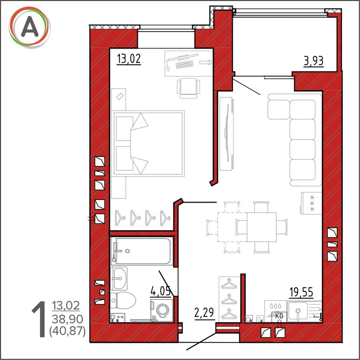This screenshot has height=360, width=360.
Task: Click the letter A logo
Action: tap(30, 27)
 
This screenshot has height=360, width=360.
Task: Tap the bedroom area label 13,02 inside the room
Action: tap(129, 59)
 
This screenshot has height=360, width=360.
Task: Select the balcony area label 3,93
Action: tap(314, 61)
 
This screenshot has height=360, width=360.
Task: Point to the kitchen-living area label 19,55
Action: tap(301, 292)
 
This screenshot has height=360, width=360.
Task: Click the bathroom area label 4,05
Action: tap(161, 291)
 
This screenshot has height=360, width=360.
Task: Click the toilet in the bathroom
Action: tap(123, 300)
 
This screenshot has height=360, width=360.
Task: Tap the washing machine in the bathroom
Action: tap(161, 310)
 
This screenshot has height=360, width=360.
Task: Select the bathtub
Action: tap(142, 251)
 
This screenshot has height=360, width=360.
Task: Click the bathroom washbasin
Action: tap(119, 278)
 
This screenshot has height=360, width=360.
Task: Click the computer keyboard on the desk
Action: tap(184, 65)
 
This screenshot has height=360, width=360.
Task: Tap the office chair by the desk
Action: tap(188, 88)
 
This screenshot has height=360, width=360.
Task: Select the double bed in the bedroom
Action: tap(148, 143)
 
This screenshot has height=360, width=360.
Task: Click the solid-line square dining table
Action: tap(262, 227)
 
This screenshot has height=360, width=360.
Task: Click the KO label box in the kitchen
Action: tap(279, 316)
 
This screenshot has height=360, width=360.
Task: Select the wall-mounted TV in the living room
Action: tap(227, 133)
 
